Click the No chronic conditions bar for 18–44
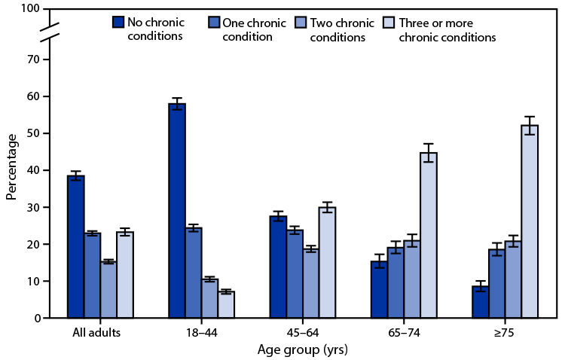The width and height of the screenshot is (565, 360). coord(177,211)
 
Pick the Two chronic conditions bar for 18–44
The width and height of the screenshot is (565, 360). coord(211,298)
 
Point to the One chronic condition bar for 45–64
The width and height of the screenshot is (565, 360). coord(295,274)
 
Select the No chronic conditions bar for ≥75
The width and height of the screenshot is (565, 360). coord(481,302)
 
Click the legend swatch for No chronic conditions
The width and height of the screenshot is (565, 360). coord(118,20)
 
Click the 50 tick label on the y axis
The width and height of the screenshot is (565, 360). coord(32,133)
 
